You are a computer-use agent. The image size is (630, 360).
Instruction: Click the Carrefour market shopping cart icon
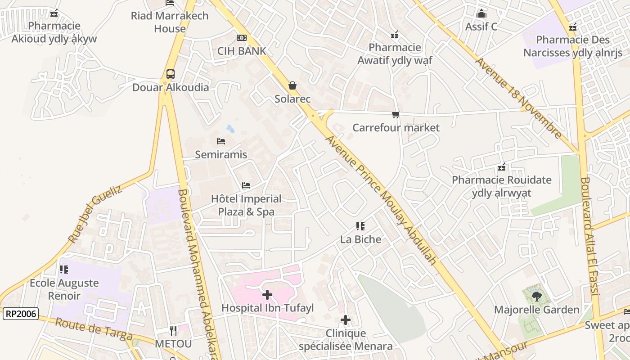pyautogui.click(x=396, y=115)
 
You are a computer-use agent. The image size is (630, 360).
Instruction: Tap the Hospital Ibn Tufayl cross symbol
pyautogui.click(x=267, y=295)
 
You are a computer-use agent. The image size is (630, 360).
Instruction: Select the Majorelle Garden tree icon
pyautogui.click(x=536, y=296)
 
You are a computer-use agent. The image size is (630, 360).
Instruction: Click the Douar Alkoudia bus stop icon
pyautogui.click(x=170, y=74)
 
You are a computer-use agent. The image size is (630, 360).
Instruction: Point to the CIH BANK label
pyautogui.click(x=242, y=51)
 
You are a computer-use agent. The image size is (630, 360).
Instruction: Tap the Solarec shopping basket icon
pyautogui.click(x=292, y=85)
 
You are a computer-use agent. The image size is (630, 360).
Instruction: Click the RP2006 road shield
pyautogui.click(x=21, y=314)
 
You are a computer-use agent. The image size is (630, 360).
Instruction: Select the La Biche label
pyautogui.click(x=360, y=239)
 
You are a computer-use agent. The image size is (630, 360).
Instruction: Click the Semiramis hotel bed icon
pyautogui.click(x=221, y=141)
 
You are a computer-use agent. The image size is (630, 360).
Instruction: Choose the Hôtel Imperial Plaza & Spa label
pyautogui.click(x=246, y=205)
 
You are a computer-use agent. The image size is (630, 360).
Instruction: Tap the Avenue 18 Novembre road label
pyautogui.click(x=518, y=98)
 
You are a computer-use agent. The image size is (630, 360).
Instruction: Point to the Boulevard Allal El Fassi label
pyautogui.click(x=589, y=236)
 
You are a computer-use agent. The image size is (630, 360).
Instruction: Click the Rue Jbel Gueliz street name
pyautogui.click(x=95, y=214)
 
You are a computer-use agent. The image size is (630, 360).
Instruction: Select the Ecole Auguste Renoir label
pyautogui.click(x=64, y=289)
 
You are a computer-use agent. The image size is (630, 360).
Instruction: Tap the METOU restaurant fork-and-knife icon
pyautogui.click(x=173, y=331)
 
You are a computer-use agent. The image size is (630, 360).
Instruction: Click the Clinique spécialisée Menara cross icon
pyautogui.click(x=346, y=320)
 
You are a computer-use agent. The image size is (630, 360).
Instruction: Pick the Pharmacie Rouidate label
pyautogui.click(x=501, y=186)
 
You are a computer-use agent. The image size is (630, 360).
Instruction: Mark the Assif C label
pyautogui.click(x=481, y=27)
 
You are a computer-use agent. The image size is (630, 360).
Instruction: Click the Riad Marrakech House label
pyautogui.click(x=170, y=22)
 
